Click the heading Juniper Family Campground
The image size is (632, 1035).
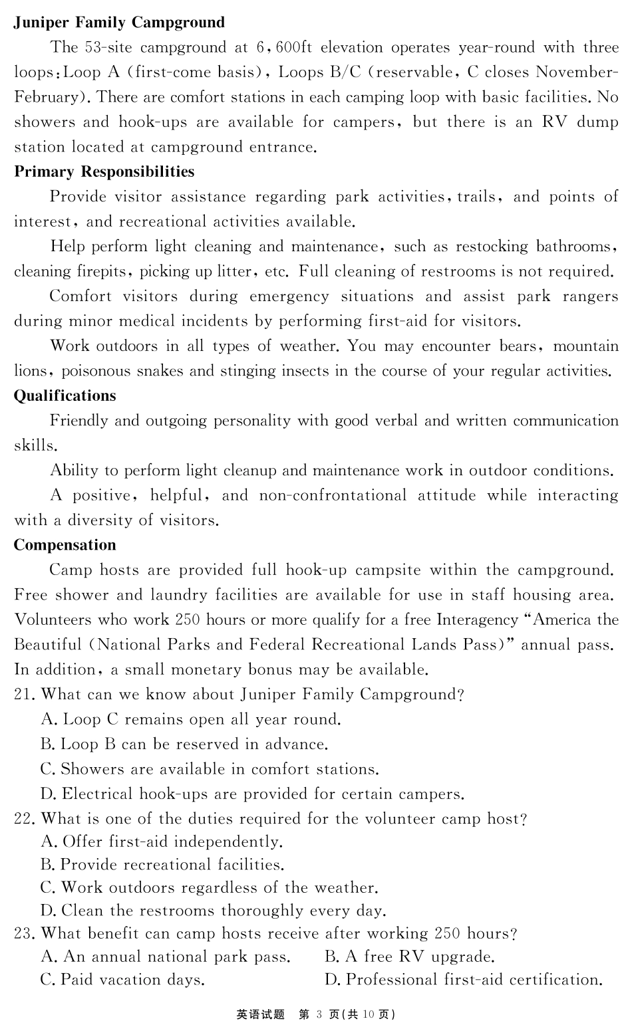coord(120,23)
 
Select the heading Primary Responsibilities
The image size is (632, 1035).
coord(104,172)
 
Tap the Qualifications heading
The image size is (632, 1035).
coord(65,396)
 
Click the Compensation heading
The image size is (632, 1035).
coord(65,545)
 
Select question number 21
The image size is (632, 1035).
coord(24,695)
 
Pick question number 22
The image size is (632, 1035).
coord(24,819)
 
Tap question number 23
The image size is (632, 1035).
coord(24,934)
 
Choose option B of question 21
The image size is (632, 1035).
coord(184,745)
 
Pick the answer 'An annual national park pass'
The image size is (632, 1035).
coord(166,957)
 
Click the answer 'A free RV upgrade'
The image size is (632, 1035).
coord(410,957)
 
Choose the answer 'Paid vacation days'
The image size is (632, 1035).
coord(123,980)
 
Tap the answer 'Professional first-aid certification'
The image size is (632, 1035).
coord(464,980)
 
